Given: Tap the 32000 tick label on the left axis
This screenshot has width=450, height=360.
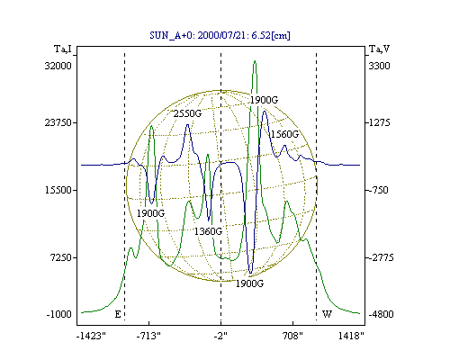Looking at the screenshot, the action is (x=58, y=66).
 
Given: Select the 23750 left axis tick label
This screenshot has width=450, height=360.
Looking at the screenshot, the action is (x=58, y=122).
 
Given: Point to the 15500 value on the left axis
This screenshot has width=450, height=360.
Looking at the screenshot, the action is (x=58, y=190).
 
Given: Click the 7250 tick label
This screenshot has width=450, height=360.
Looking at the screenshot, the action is (x=60, y=257).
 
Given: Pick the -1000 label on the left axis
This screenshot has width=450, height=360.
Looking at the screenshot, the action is (x=59, y=314).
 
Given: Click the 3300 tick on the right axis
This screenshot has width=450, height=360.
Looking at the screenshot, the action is (x=379, y=66).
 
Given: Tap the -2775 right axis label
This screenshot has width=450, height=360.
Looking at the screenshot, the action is (x=381, y=257).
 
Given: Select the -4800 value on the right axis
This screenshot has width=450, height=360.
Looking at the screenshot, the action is (x=381, y=314).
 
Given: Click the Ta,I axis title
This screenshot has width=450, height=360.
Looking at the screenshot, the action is (x=63, y=49).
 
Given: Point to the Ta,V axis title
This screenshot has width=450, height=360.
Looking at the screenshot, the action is (x=379, y=49).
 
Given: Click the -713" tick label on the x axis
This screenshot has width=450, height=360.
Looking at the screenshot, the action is (x=148, y=336).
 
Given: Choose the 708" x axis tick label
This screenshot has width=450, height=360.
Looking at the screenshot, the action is (x=292, y=336).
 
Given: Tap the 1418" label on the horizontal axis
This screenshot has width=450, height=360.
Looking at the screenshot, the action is (x=351, y=336).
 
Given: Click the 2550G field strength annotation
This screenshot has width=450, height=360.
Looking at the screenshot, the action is (x=187, y=113).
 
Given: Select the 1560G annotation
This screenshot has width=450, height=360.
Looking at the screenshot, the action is (x=284, y=134).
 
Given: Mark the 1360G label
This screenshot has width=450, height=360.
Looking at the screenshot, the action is (x=208, y=231).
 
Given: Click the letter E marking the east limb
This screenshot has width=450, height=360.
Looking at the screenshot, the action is (x=118, y=314).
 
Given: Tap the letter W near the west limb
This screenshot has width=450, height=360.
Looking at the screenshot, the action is (x=327, y=314).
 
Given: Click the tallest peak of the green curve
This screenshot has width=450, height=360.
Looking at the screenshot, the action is (x=255, y=61).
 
